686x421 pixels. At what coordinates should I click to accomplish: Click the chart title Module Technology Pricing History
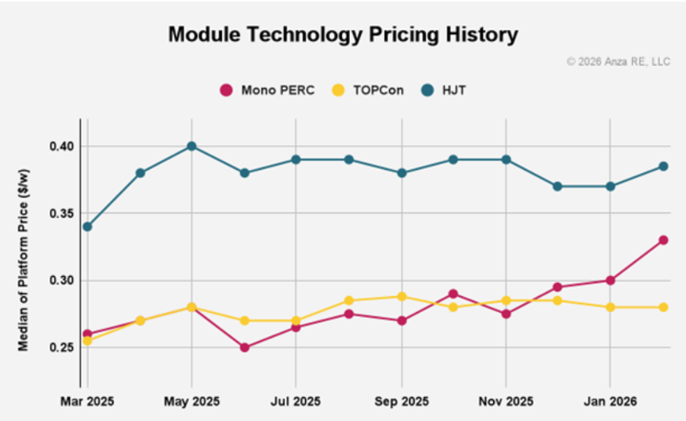point(343,34)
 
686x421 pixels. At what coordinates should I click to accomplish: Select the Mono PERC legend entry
point(266,90)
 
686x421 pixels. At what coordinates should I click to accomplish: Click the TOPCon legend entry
point(368,90)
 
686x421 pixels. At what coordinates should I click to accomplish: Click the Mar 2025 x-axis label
point(87,402)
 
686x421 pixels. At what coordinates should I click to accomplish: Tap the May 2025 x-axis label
point(191,402)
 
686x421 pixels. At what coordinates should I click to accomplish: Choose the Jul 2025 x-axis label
point(296,402)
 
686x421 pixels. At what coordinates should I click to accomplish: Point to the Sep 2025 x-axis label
point(402,402)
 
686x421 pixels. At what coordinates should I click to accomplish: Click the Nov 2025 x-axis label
point(506,402)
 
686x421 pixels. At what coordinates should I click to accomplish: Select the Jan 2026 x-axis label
point(610,402)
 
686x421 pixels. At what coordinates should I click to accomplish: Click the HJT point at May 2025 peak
point(191,146)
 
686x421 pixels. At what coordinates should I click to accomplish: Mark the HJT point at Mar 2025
point(87,226)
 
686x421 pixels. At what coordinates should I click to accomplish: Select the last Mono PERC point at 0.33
point(664,240)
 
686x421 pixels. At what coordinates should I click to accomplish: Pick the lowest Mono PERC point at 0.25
point(244,347)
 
